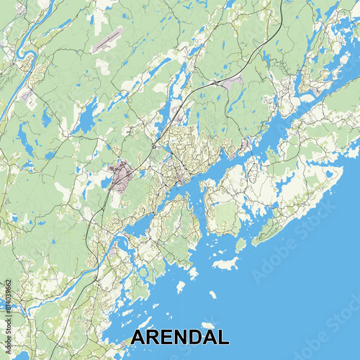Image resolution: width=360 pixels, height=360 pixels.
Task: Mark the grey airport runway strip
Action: pyautogui.click(x=107, y=40)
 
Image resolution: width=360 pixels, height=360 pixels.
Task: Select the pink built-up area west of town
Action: pyautogui.click(x=120, y=174)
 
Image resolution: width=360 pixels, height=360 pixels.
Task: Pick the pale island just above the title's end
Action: pyautogui.click(x=208, y=325)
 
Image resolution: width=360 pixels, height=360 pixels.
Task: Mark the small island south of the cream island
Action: pyautogui.click(x=213, y=294)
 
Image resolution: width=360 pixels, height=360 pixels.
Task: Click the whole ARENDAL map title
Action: pyautogui.click(x=181, y=338)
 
